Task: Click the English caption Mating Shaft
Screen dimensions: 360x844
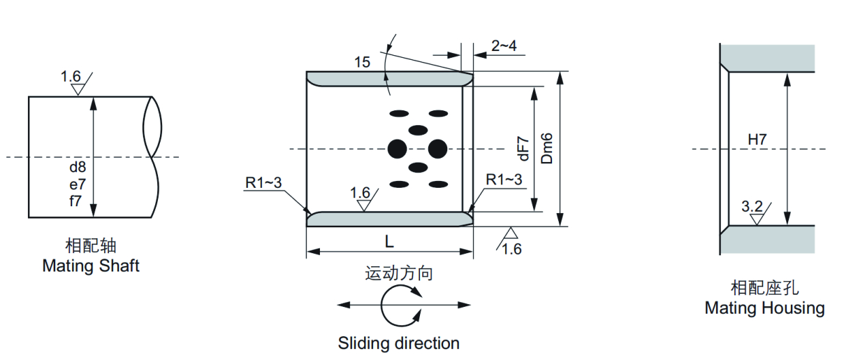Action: click(91, 265)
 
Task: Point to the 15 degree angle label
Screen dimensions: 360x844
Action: click(362, 63)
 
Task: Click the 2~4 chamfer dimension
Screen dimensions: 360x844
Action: click(504, 46)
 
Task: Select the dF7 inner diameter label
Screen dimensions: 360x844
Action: click(523, 148)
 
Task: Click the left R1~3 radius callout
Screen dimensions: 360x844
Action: click(263, 182)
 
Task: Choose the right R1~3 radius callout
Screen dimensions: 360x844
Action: click(504, 180)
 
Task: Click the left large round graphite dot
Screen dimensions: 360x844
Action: click(397, 148)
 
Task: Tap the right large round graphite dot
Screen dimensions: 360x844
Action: click(437, 148)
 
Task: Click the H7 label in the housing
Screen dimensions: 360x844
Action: click(758, 140)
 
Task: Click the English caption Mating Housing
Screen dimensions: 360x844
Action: click(764, 308)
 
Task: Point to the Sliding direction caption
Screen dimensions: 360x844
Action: click(399, 343)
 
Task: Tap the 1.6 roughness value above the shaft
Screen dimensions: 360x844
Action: click(71, 76)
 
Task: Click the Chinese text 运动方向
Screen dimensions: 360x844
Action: click(399, 274)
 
